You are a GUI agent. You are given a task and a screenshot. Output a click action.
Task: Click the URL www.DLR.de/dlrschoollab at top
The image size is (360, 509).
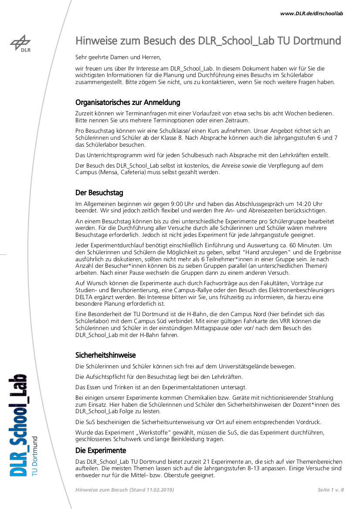pos(312,13)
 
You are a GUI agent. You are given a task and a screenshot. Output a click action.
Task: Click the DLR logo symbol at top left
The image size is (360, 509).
pos(20,43)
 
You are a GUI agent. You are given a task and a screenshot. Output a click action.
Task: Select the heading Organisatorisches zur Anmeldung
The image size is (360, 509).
pos(128,103)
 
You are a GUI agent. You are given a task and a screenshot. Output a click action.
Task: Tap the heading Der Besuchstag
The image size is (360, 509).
pos(99,192)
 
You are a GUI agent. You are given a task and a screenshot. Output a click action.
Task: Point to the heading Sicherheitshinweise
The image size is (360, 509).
pos(105,355)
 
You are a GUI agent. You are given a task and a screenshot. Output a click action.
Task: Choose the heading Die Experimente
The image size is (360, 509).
pos(101,450)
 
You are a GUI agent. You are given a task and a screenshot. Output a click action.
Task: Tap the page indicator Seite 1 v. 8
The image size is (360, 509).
pos(330,490)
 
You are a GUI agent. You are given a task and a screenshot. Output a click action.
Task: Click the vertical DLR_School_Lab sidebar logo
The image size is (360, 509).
pos(18,425)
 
